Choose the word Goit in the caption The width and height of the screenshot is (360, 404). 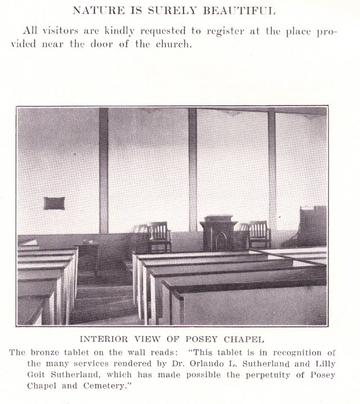click(38, 375)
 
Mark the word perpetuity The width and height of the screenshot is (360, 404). click(228, 375)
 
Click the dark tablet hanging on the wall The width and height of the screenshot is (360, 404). click(54, 203)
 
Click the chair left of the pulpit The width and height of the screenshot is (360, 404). click(159, 236)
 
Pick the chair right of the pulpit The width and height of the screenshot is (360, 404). click(259, 234)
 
